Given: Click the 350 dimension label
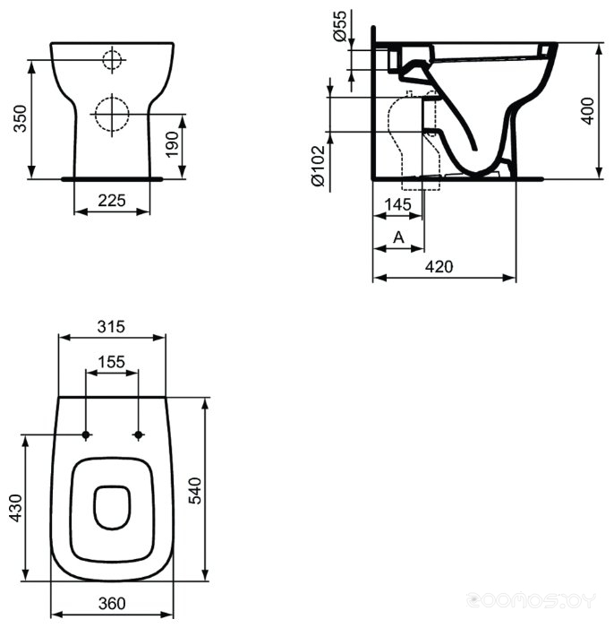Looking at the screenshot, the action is [x=20, y=118].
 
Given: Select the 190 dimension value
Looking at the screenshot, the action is [x=172, y=144].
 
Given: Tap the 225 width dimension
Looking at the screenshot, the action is [x=112, y=200].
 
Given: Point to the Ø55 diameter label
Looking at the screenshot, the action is [x=339, y=26].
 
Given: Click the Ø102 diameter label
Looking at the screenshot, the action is [x=319, y=166].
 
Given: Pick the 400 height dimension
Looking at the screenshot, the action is [x=587, y=110].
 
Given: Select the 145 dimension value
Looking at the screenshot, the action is [x=398, y=204].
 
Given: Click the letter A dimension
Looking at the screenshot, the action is [x=398, y=237].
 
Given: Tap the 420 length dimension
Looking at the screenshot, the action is [x=439, y=266].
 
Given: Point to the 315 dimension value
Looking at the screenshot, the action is [x=111, y=326].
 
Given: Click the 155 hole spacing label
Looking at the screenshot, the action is [x=112, y=362].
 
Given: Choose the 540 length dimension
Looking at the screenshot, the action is [x=195, y=490].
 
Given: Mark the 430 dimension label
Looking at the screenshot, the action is [x=15, y=508].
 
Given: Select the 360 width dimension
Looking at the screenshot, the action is [x=112, y=603].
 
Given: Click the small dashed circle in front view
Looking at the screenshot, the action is [x=112, y=60].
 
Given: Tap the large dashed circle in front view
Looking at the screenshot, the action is [x=112, y=114].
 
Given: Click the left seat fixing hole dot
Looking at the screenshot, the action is [x=86, y=434].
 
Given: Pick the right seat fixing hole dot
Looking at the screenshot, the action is [x=139, y=434].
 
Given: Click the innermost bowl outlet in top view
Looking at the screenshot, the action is [x=113, y=507].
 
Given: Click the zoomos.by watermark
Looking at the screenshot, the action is [x=532, y=600].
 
